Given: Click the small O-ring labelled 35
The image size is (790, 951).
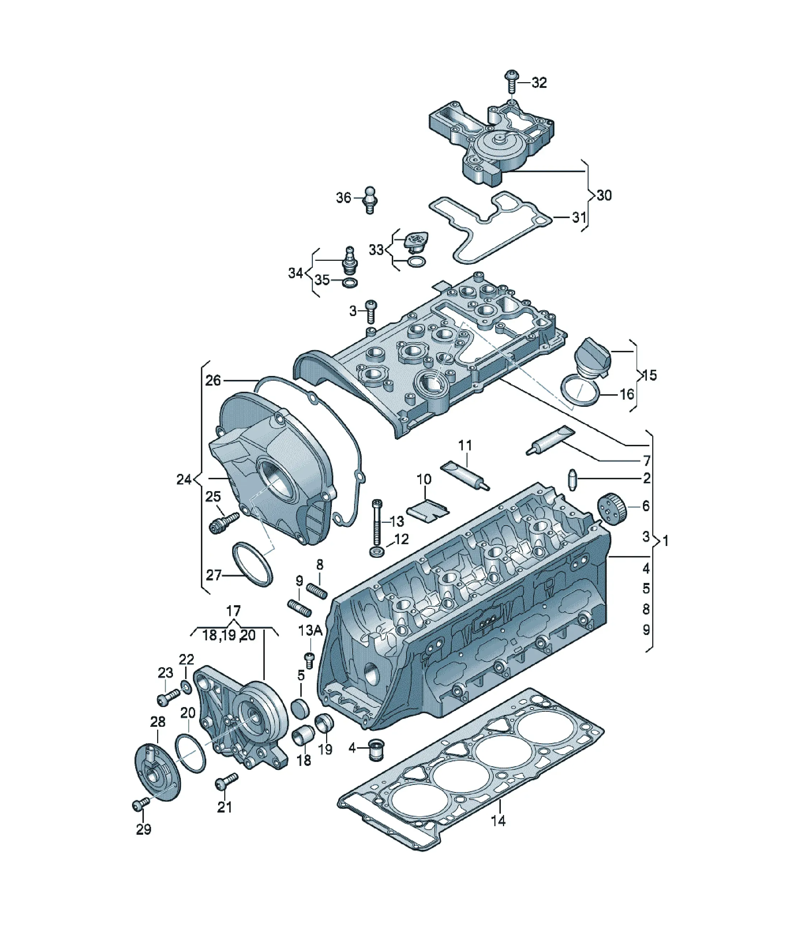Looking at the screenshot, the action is click(x=350, y=283).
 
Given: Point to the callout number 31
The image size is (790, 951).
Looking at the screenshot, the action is click(x=579, y=217).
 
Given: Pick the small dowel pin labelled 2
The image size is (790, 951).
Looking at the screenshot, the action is click(x=573, y=480).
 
